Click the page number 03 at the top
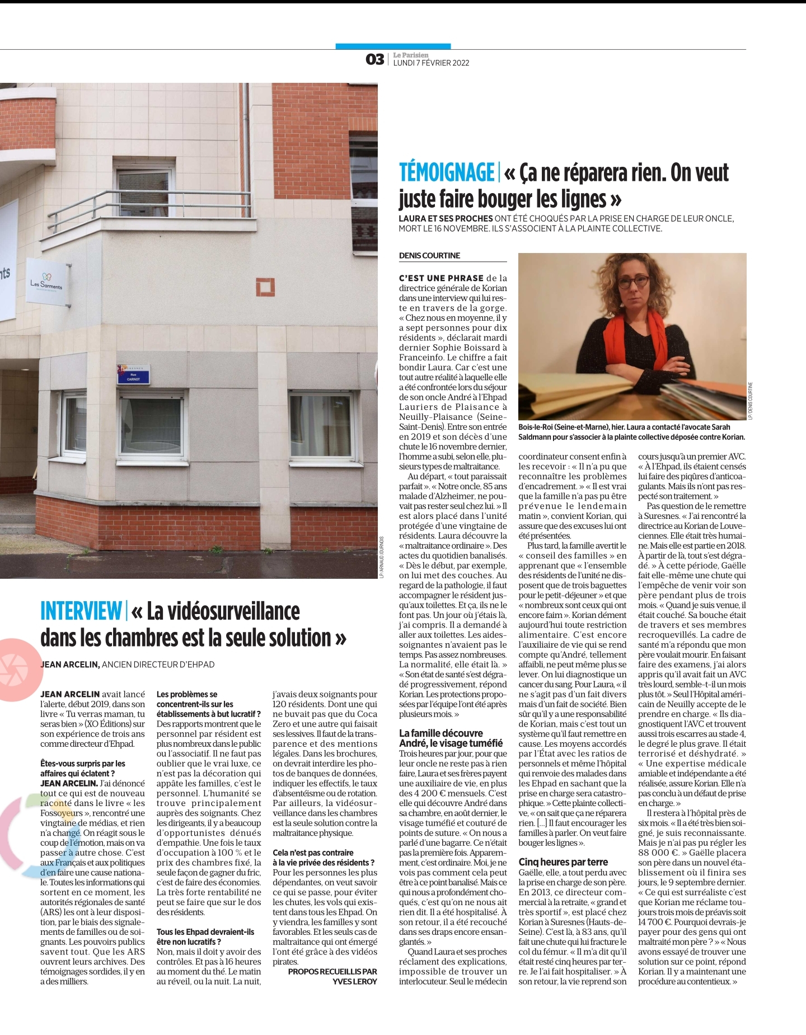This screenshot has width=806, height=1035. tap(374, 59)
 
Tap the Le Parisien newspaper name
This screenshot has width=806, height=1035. tap(410, 55)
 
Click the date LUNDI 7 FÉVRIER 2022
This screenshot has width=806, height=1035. tap(431, 63)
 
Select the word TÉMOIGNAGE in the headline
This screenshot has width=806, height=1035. tap(447, 172)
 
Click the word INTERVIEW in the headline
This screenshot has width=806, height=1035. tap(81, 611)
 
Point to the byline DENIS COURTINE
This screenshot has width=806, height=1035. tap(429, 256)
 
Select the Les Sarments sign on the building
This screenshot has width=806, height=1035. tap(47, 282)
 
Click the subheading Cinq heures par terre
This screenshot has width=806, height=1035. tap(563, 862)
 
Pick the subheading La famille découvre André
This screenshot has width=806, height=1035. tap(451, 738)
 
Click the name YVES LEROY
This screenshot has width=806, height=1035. tap(355, 981)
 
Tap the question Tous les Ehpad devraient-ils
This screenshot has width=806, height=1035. tap(205, 932)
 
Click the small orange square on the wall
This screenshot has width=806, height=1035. tap(265, 287)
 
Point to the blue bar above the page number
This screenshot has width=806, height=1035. tap(393, 46)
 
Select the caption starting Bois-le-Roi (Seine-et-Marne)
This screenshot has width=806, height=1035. tap(631, 432)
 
